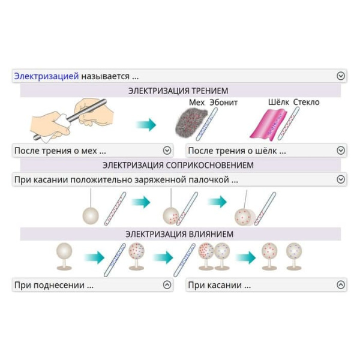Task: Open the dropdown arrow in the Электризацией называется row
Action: pyautogui.click(x=341, y=76)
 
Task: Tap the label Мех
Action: pyautogui.click(x=197, y=103)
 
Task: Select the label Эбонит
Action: pyautogui.click(x=223, y=103)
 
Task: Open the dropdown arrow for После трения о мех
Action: pyautogui.click(x=167, y=151)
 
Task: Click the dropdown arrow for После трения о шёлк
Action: pyautogui.click(x=341, y=151)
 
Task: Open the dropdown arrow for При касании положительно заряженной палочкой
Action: pyautogui.click(x=341, y=179)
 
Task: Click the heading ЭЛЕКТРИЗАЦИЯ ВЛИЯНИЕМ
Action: pyautogui.click(x=179, y=234)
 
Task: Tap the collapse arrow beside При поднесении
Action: pyautogui.click(x=167, y=285)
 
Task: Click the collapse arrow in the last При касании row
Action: pyautogui.click(x=341, y=285)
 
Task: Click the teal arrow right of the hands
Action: pyautogui.click(x=145, y=125)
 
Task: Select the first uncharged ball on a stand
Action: pyautogui.click(x=64, y=250)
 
